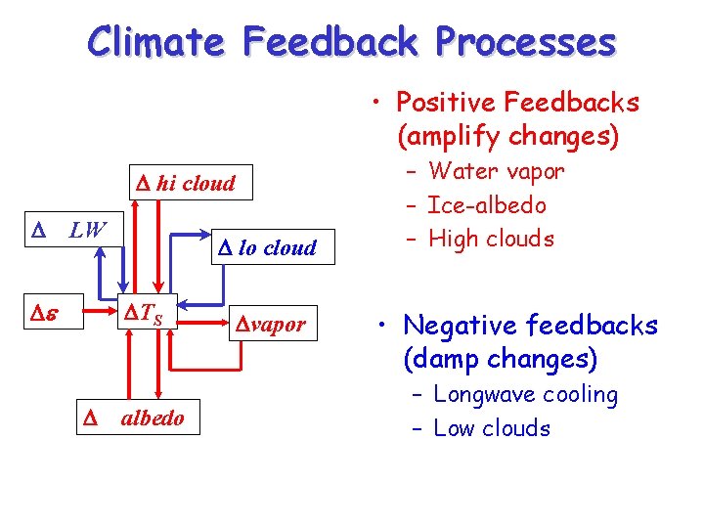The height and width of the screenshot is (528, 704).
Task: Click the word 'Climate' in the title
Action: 157,43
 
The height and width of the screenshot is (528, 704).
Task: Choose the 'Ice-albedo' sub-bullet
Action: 486,205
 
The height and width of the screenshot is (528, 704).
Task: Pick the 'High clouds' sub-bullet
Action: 491,239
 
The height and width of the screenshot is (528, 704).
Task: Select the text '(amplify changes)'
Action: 507,136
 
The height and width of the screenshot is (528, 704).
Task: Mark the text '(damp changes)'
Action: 499,359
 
